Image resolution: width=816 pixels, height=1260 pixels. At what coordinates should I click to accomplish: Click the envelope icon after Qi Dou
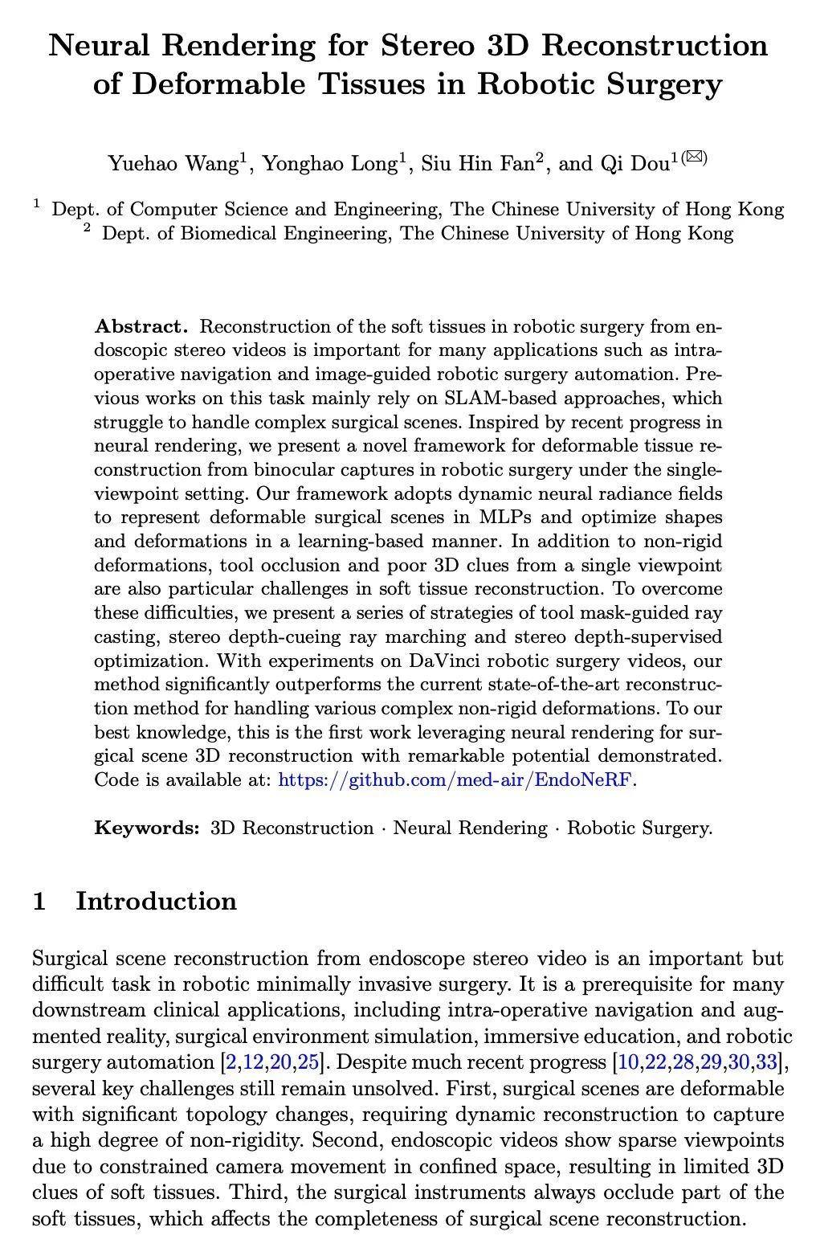[x=696, y=157]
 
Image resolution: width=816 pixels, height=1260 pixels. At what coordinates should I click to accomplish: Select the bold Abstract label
[x=141, y=326]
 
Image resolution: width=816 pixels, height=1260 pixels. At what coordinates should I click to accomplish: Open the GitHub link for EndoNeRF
[x=455, y=779]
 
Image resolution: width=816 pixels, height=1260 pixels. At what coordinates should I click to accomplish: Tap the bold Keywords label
[x=146, y=828]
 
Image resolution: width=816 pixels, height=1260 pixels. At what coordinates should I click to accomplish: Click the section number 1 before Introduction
[x=39, y=901]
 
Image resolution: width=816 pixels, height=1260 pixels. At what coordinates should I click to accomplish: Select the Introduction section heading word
[x=156, y=901]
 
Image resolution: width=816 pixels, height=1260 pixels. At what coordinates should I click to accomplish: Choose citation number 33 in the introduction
[x=767, y=1062]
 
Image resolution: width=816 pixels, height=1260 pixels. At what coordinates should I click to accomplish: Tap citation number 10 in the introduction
[x=630, y=1062]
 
